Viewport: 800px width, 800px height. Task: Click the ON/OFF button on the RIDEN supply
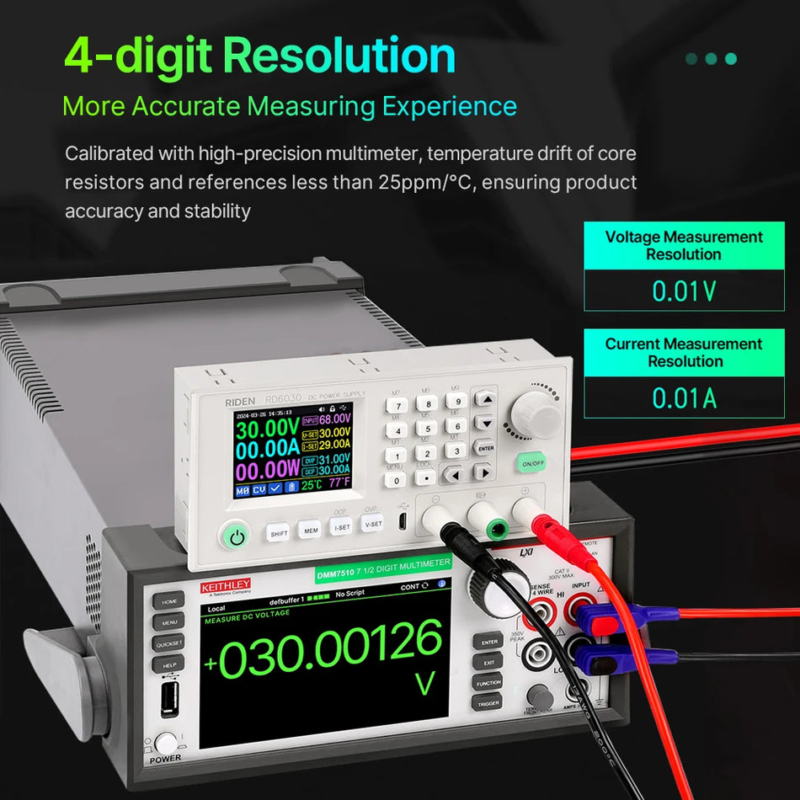click(532, 464)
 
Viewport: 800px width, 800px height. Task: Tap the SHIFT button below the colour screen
click(278, 533)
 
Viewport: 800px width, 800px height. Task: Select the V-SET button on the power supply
click(372, 524)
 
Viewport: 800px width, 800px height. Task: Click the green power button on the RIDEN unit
click(237, 537)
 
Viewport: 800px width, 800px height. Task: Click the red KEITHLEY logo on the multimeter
click(225, 584)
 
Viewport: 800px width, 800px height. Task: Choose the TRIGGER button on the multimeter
click(488, 703)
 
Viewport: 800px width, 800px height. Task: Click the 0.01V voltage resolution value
click(684, 291)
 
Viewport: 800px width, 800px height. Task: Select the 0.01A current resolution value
click(684, 397)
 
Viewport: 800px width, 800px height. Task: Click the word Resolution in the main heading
click(340, 56)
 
